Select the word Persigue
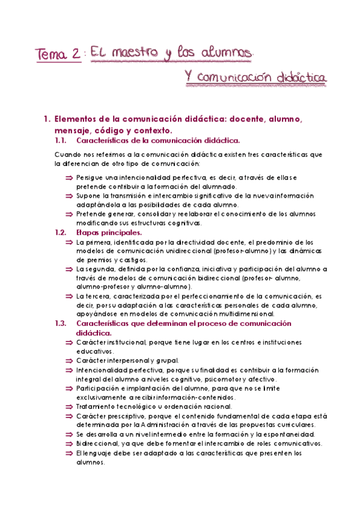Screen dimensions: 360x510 click(90, 178)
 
